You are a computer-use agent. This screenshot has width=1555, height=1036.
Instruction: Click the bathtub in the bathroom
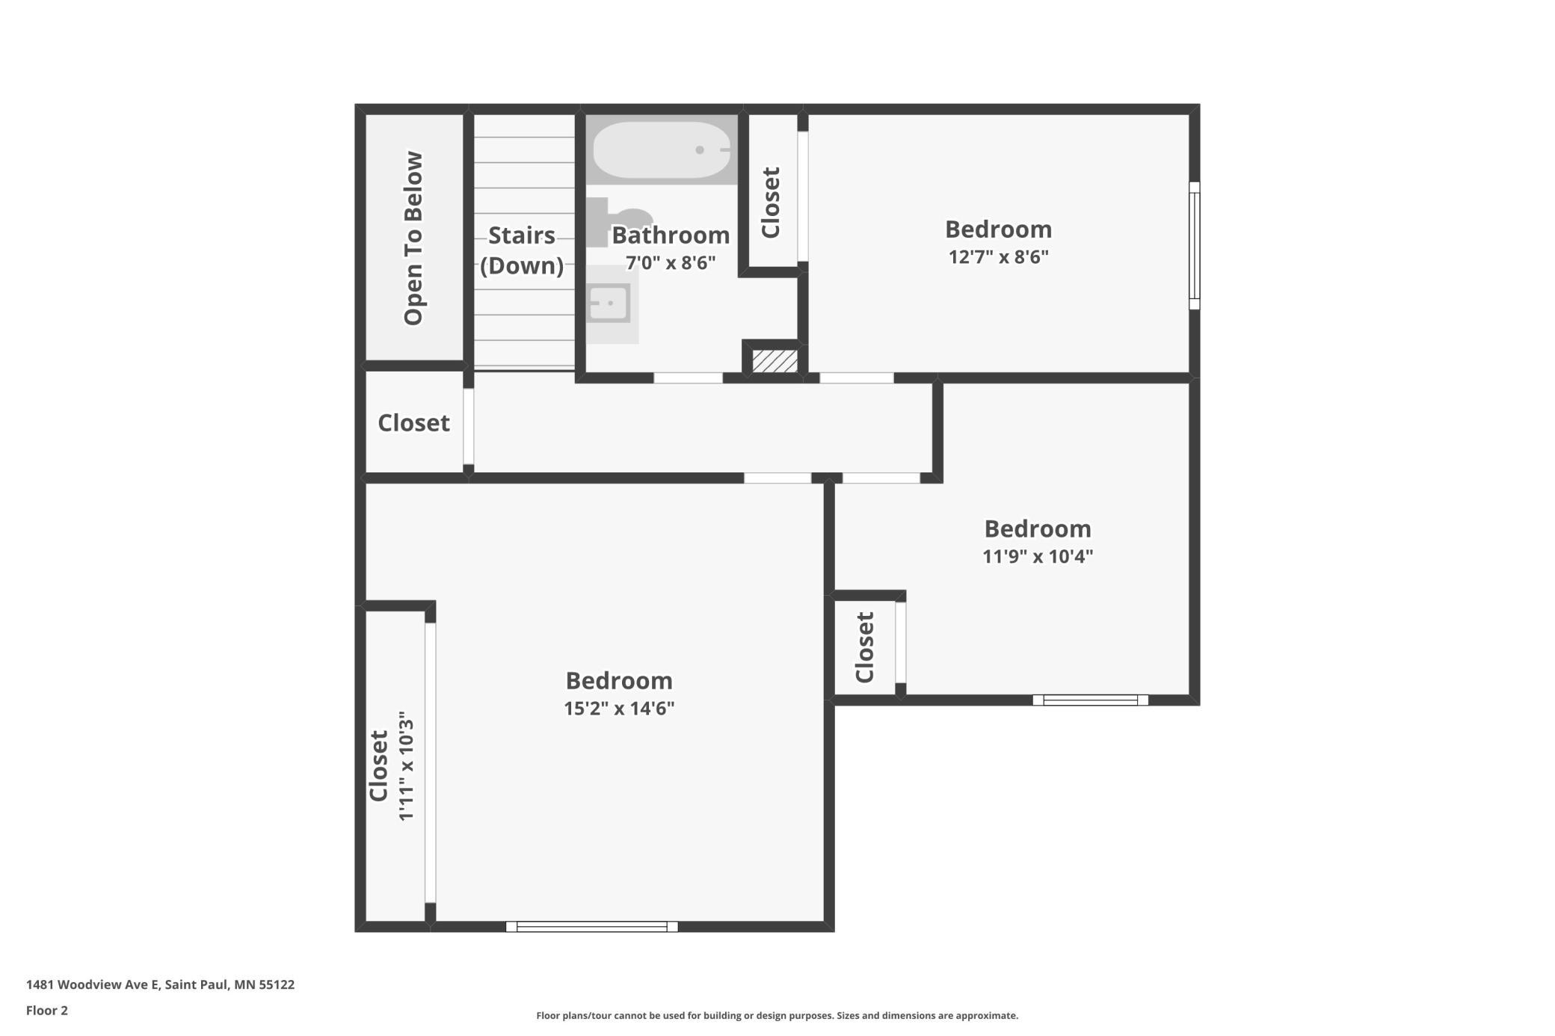point(662,149)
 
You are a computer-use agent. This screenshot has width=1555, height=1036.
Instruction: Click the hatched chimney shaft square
point(775,361)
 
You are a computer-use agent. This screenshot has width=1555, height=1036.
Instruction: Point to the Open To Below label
point(413,238)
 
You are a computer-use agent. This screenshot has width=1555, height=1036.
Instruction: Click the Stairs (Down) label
point(522,250)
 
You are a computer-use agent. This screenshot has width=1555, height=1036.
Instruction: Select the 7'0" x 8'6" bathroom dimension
point(671,263)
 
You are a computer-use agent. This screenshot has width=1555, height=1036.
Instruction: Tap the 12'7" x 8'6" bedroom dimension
point(999,257)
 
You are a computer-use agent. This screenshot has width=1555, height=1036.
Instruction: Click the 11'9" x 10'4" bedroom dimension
point(1038,556)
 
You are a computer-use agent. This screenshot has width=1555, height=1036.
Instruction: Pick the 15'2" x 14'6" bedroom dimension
point(619,708)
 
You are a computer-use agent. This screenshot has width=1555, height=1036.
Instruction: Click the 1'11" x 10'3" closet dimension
point(406,766)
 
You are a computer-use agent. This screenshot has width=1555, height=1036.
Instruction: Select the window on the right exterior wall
point(1195,245)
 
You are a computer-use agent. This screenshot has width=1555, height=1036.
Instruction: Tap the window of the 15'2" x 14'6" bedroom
point(592,927)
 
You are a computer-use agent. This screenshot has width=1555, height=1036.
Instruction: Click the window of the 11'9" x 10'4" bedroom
point(1091,700)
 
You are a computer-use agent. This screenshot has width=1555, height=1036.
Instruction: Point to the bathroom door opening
point(689,378)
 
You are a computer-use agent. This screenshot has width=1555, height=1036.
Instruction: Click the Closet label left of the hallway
point(413,423)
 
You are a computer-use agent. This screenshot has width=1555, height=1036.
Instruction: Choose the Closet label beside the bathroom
point(771,203)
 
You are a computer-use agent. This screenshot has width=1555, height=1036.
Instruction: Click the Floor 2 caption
point(47,1011)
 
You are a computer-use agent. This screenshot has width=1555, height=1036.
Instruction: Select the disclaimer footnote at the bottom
point(777,1015)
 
